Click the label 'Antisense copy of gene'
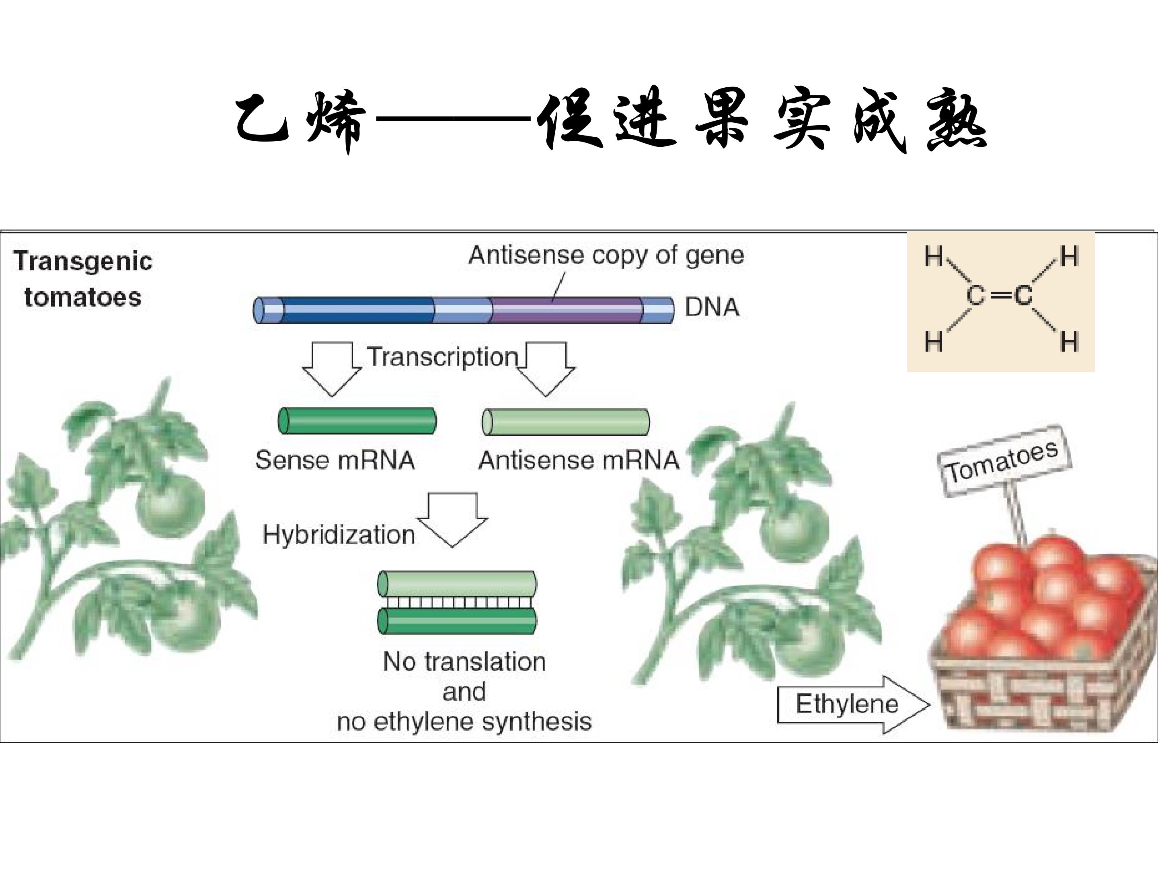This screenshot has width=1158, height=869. coord(606,255)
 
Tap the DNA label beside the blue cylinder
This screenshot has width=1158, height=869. coord(712,307)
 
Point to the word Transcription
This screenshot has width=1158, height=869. coord(442,357)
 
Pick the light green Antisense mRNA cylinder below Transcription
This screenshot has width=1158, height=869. coord(565,422)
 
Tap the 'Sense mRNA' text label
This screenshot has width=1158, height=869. coord(335,460)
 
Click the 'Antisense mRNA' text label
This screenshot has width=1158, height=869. coord(579,460)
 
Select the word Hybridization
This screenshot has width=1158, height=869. coord(339,535)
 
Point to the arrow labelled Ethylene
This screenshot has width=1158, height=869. coord(853,704)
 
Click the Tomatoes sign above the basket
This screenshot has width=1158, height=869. coord(1004,461)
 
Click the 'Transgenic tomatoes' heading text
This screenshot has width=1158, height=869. coord(83,279)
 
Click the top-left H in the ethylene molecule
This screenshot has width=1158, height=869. coord(933,257)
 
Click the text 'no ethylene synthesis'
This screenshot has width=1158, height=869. coord(464,722)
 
